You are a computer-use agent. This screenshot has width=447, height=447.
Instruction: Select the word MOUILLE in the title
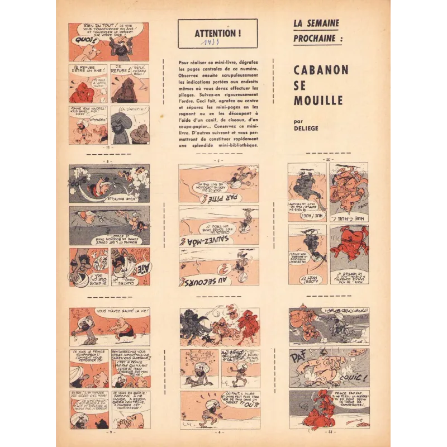pos(318,101)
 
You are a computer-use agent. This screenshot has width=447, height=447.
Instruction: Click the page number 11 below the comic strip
pos(109,149)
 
